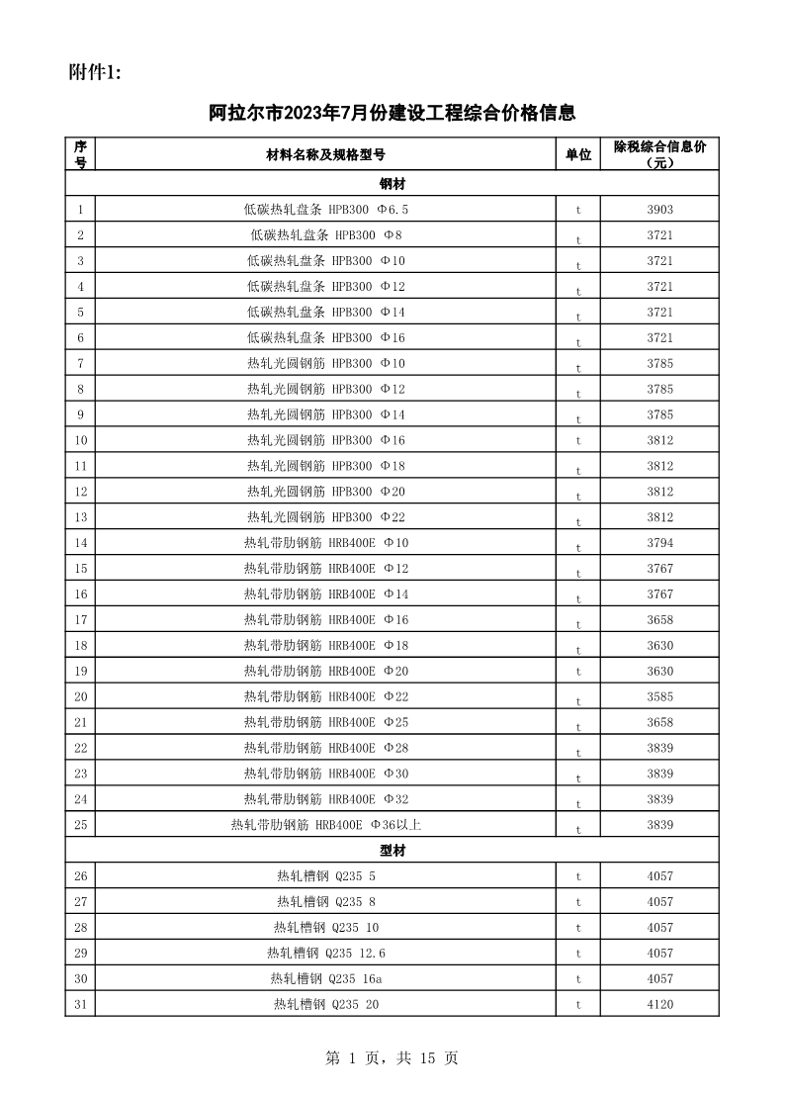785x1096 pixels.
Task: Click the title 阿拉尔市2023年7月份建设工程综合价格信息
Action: pyautogui.click(x=392, y=113)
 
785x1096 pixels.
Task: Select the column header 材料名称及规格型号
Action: pyautogui.click(x=325, y=155)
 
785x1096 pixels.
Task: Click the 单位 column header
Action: pyautogui.click(x=578, y=155)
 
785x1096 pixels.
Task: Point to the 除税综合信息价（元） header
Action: pyautogui.click(x=659, y=155)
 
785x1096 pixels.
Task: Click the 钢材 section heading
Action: pyautogui.click(x=392, y=184)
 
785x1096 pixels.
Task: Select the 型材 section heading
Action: pyautogui.click(x=392, y=851)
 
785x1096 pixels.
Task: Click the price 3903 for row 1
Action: pyautogui.click(x=659, y=210)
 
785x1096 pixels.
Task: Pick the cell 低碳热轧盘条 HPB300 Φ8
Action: pyautogui.click(x=325, y=235)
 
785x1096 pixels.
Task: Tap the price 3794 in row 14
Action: pyautogui.click(x=659, y=543)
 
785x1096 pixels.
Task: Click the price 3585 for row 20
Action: pyautogui.click(x=659, y=697)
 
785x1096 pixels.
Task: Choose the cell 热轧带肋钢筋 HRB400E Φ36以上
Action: pyautogui.click(x=325, y=825)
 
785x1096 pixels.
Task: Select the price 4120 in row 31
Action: pyautogui.click(x=659, y=1005)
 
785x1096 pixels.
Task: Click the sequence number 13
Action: pyautogui.click(x=80, y=517)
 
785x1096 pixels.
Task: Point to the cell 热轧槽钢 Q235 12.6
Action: pyautogui.click(x=325, y=954)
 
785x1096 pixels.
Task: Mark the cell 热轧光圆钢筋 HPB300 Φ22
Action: pyautogui.click(x=325, y=517)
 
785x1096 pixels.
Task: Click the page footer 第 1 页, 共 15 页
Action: pyautogui.click(x=392, y=1058)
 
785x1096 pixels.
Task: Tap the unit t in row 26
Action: pyautogui.click(x=578, y=876)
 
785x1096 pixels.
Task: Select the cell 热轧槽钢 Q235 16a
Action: pyautogui.click(x=325, y=979)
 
